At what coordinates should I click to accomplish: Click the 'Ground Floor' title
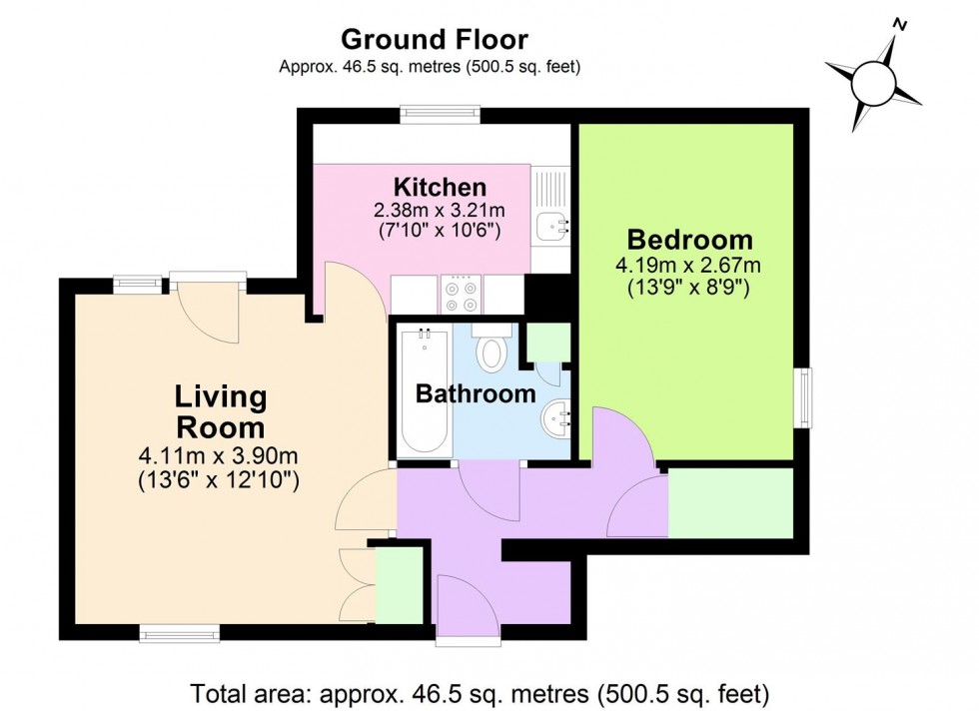pyautogui.click(x=435, y=39)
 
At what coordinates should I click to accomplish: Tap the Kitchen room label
pyautogui.click(x=440, y=187)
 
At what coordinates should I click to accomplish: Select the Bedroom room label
pyautogui.click(x=689, y=240)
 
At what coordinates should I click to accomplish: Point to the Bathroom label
pyautogui.click(x=476, y=394)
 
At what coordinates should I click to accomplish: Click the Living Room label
pyautogui.click(x=221, y=411)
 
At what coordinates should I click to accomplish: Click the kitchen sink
pyautogui.click(x=550, y=226)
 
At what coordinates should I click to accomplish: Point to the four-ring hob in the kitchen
pyautogui.click(x=462, y=294)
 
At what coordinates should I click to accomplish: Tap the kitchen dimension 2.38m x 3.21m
pyautogui.click(x=440, y=211)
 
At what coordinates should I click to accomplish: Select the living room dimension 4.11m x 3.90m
pyautogui.click(x=220, y=456)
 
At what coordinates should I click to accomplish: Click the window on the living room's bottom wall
pyautogui.click(x=179, y=631)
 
